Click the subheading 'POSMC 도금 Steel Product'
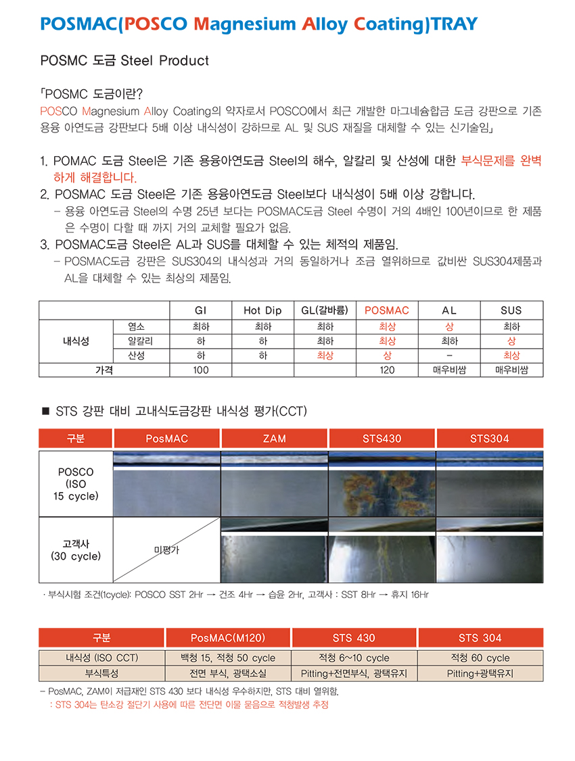(x=124, y=61)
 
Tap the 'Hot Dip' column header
(x=262, y=310)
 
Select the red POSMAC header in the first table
(x=387, y=310)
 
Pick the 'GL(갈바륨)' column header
(x=325, y=310)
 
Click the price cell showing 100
(x=200, y=370)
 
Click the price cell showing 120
(x=387, y=370)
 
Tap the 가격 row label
(x=103, y=370)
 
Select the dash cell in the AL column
(x=449, y=355)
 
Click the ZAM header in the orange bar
(x=274, y=439)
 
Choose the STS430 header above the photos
(x=382, y=439)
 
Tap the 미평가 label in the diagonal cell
(x=167, y=550)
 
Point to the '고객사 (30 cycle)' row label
(x=76, y=550)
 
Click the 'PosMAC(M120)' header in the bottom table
(x=228, y=638)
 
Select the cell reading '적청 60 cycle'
(x=480, y=658)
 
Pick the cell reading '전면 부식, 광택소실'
(x=228, y=673)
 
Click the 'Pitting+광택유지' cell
(x=480, y=673)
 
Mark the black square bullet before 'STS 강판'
(x=46, y=411)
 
